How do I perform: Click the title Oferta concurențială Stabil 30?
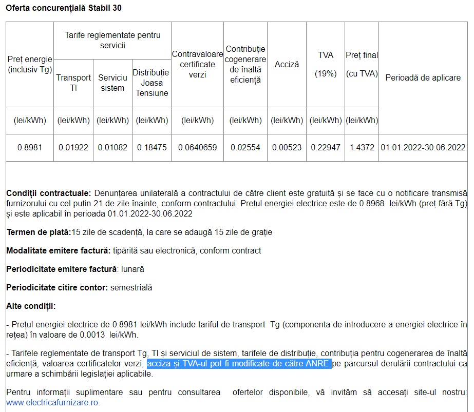click(64, 9)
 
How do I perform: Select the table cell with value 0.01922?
click(73, 147)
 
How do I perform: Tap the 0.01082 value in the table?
click(112, 147)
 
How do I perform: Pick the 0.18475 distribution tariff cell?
click(151, 147)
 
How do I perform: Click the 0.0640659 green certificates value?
click(198, 147)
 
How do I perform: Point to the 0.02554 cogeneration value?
click(245, 147)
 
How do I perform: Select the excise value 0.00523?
click(287, 147)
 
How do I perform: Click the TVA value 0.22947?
click(326, 147)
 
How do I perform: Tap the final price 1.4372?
click(362, 147)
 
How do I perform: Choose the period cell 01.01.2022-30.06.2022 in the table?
click(423, 147)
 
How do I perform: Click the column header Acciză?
click(287, 64)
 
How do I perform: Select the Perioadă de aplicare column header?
click(423, 77)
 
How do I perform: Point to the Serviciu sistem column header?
click(112, 83)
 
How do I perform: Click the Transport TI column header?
click(73, 83)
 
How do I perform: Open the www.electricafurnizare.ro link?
click(53, 402)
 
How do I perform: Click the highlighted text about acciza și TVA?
click(238, 364)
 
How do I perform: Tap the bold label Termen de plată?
click(39, 232)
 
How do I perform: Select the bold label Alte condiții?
click(30, 306)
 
